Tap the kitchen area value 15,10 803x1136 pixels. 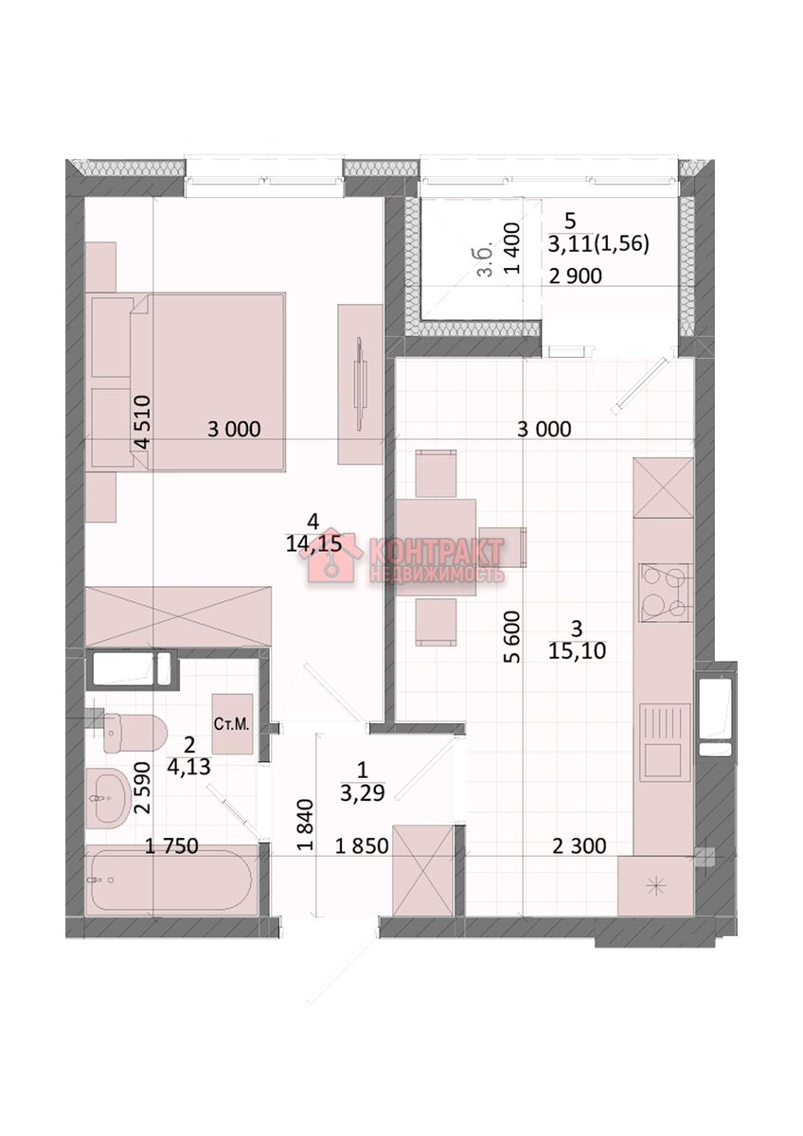click(x=578, y=650)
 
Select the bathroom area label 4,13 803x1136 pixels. click(x=189, y=766)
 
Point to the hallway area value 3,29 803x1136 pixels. click(x=362, y=792)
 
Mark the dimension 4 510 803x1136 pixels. click(x=143, y=422)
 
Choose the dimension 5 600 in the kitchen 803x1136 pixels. click(x=513, y=637)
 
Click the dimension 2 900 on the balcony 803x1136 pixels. click(x=576, y=275)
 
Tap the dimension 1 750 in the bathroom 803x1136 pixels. click(x=171, y=846)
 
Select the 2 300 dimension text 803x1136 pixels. click(x=579, y=846)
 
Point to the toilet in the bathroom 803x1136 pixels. click(x=131, y=733)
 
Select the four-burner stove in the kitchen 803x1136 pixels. click(x=666, y=593)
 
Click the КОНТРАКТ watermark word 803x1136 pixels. click(x=437, y=553)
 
